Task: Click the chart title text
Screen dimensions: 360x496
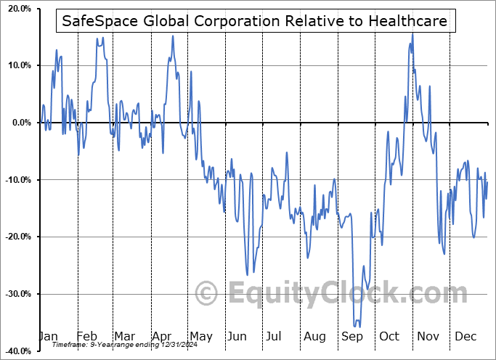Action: [256, 22]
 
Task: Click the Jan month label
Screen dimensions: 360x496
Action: [47, 336]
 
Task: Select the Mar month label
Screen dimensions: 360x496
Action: [124, 336]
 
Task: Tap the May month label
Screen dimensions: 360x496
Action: [200, 336]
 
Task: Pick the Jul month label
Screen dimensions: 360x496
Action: [275, 336]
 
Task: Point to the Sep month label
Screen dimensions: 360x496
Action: [353, 336]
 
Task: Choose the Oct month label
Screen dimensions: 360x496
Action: [390, 336]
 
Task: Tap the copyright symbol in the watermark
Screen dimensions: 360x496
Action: [207, 293]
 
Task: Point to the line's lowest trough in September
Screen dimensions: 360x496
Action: [356, 327]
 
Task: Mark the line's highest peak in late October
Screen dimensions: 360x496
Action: [412, 33]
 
